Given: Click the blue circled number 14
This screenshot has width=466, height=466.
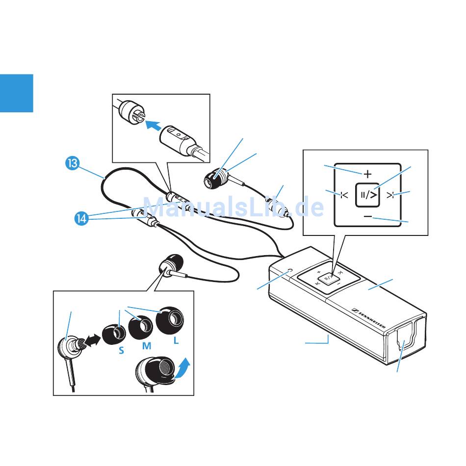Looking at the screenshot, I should pyautogui.click(x=81, y=218).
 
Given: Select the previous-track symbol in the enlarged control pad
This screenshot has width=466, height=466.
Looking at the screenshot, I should pyautogui.click(x=344, y=195).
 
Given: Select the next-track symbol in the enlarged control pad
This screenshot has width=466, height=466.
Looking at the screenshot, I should pyautogui.click(x=390, y=195).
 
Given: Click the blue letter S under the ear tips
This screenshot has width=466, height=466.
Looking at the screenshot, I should pyautogui.click(x=121, y=351).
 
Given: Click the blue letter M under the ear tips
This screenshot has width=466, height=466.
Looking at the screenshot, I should pyautogui.click(x=146, y=346).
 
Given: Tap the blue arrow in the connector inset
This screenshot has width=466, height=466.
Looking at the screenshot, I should pyautogui.click(x=153, y=126).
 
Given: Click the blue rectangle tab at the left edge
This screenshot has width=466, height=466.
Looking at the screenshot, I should pyautogui.click(x=16, y=93).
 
